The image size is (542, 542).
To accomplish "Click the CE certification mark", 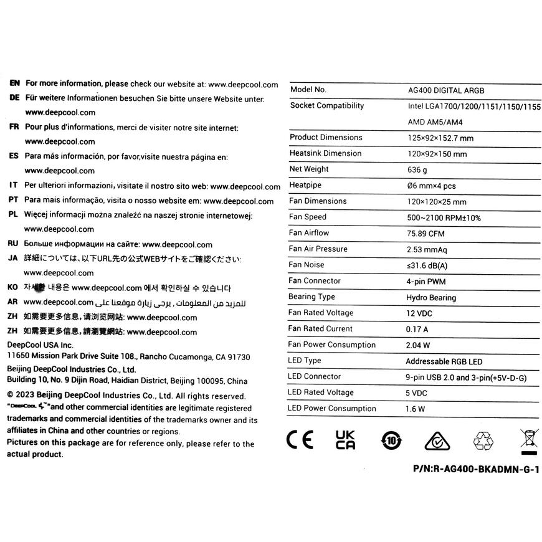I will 300,440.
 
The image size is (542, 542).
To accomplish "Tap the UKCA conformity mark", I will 346,440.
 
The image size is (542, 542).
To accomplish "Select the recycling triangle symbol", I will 483,441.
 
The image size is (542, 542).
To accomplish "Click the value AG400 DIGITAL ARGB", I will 444,90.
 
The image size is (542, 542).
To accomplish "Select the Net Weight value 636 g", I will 417,170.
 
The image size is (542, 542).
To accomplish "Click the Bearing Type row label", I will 311,297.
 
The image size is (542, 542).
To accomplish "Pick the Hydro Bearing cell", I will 431,298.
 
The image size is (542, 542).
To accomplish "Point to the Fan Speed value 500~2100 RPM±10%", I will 444,218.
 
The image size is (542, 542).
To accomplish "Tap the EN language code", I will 15,83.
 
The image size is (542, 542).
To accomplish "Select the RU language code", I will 14,244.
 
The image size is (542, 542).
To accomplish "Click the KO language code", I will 14,288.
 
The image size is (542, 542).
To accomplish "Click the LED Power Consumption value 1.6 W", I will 416,409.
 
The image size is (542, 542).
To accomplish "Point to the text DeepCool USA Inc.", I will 40,345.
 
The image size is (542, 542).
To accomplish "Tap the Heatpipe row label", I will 305,185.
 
